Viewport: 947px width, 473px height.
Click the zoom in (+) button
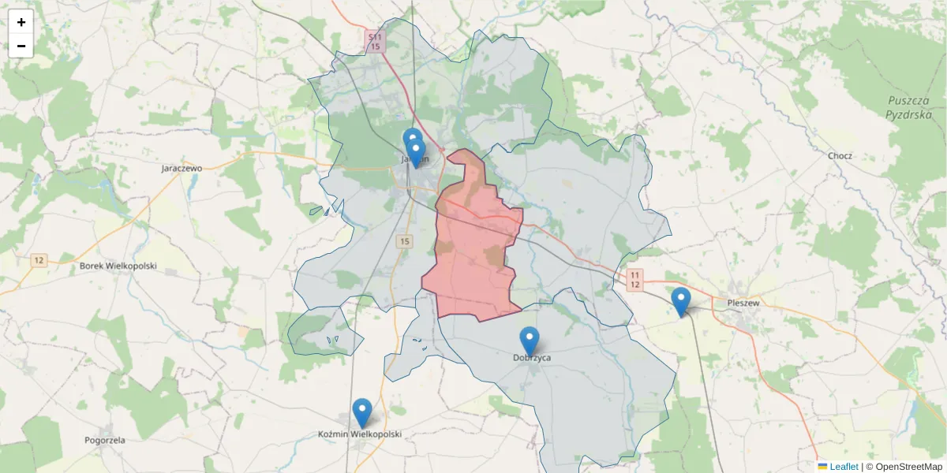[21, 22]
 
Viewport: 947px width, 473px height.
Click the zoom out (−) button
[21, 46]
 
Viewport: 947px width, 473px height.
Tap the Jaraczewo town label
[182, 168]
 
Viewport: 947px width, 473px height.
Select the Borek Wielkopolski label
[118, 266]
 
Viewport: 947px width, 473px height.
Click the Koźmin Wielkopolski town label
[360, 434]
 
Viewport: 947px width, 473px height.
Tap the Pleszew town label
[743, 302]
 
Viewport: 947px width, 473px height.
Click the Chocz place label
[840, 155]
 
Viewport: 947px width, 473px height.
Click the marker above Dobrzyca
[530, 341]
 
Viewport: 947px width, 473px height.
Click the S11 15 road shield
[375, 42]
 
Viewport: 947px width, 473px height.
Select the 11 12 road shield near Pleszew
[634, 279]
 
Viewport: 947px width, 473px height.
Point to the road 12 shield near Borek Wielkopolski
[39, 259]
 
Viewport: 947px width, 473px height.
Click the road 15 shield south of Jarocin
[405, 241]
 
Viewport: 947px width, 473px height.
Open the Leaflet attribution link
[843, 467]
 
